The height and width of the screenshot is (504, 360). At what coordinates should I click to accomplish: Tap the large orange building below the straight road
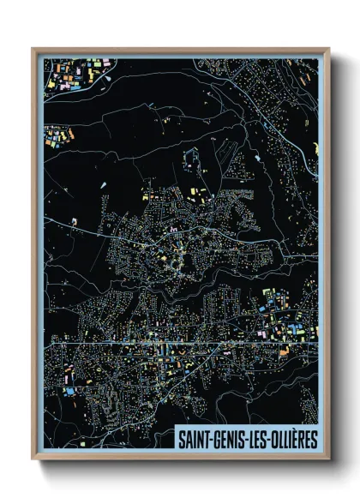[284, 351]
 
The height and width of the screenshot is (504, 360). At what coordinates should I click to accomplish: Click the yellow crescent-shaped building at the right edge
[315, 149]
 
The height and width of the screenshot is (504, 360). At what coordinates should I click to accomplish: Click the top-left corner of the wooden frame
[33, 50]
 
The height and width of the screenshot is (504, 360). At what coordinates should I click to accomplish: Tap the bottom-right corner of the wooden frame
[328, 457]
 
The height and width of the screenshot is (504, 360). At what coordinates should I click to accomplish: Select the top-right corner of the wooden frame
[328, 50]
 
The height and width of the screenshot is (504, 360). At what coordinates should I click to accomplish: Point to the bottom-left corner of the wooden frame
[33, 457]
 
